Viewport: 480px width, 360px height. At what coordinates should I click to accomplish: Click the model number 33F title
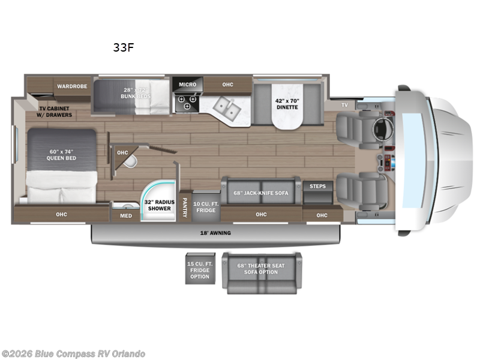[124, 49]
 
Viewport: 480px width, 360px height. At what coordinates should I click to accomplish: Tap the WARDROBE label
[72, 86]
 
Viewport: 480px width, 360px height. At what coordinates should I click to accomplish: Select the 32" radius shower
[158, 205]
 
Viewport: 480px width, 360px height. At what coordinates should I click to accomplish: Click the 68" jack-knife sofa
[261, 194]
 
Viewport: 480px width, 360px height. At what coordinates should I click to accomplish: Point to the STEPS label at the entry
[317, 187]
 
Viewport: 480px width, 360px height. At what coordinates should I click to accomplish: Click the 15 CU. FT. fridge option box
[200, 268]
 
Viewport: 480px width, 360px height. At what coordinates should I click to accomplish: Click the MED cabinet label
[125, 216]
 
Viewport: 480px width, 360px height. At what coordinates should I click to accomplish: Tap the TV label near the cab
[344, 105]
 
